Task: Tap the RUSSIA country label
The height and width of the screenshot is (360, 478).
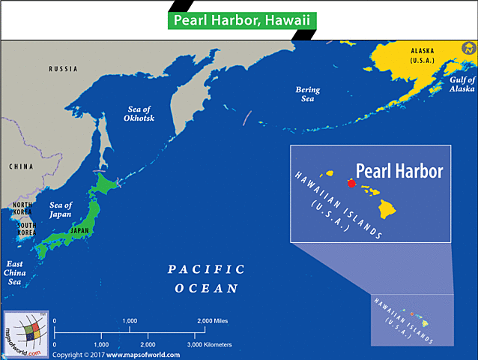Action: pyautogui.click(x=63, y=69)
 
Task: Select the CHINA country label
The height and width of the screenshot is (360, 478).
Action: pyautogui.click(x=22, y=166)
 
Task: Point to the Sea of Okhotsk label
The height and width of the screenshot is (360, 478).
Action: pyautogui.click(x=140, y=114)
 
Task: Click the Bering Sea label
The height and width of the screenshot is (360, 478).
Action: pyautogui.click(x=307, y=94)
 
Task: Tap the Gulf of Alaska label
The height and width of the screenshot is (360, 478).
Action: pyautogui.click(x=461, y=83)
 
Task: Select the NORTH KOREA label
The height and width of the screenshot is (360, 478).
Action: pyautogui.click(x=22, y=209)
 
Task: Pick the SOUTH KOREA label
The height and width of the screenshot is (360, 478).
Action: pyautogui.click(x=27, y=229)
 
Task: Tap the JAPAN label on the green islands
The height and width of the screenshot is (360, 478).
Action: pyautogui.click(x=79, y=231)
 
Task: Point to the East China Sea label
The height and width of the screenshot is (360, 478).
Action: pyautogui.click(x=14, y=272)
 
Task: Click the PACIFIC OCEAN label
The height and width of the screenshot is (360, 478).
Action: pyautogui.click(x=206, y=278)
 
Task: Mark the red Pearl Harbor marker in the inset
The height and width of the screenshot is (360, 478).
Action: pyautogui.click(x=351, y=182)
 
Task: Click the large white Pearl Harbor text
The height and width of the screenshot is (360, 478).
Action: pyautogui.click(x=399, y=171)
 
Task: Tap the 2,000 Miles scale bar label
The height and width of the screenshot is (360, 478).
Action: pyautogui.click(x=212, y=321)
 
